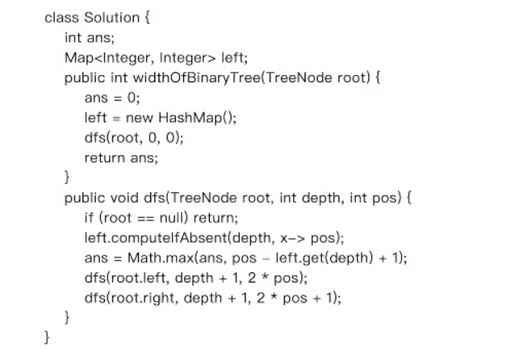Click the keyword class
pos(61,17)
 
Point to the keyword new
pos(139,118)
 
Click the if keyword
pos(89,218)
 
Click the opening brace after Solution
pos(147,17)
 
